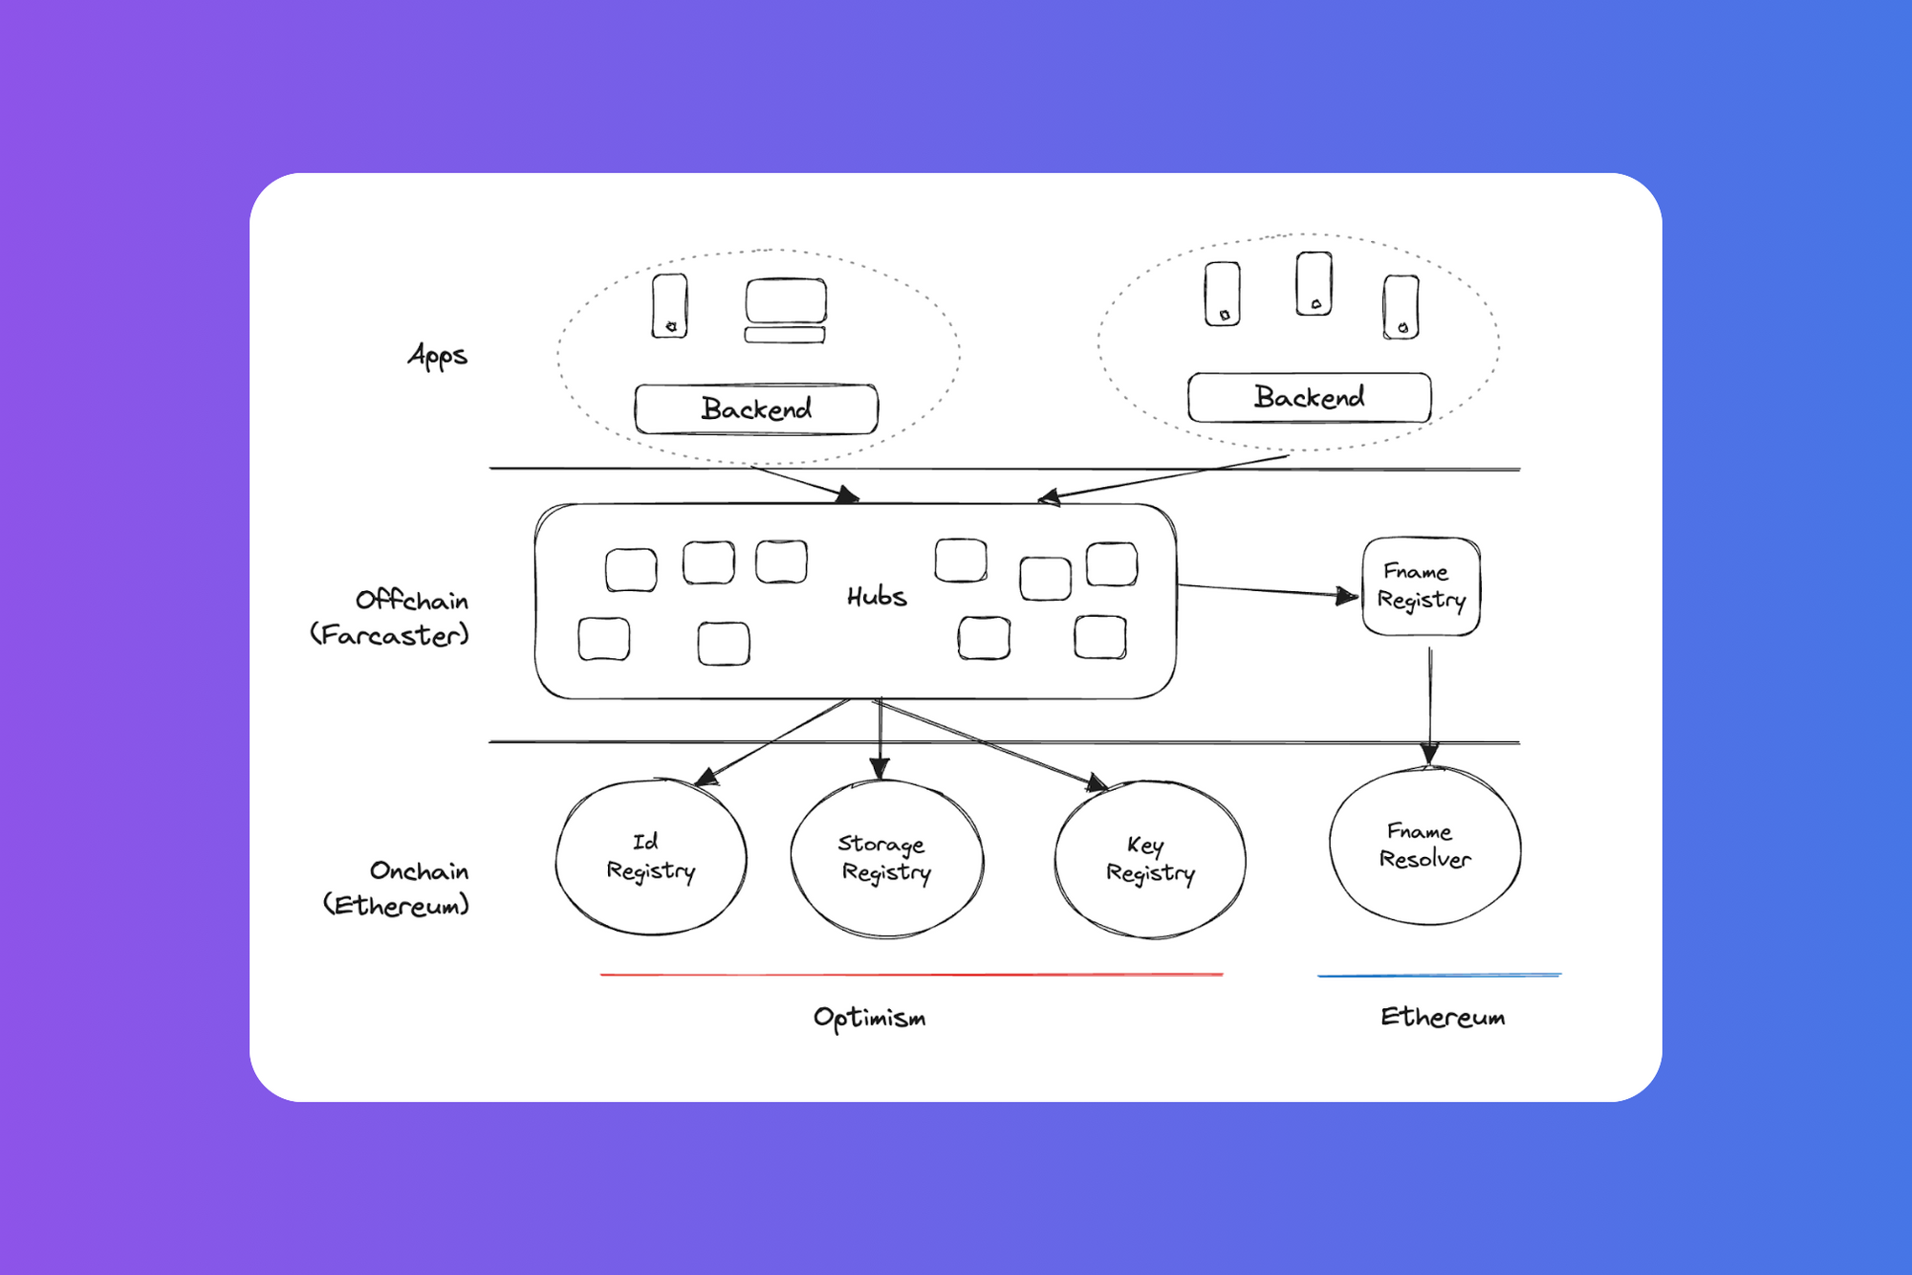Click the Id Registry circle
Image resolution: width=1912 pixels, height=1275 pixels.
coord(651,857)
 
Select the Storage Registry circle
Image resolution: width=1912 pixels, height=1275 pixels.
coord(886,858)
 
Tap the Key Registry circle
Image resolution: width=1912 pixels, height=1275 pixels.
coord(1150,859)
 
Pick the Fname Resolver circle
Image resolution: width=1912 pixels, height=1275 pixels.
coord(1424,846)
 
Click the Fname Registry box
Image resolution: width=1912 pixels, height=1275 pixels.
coord(1421,586)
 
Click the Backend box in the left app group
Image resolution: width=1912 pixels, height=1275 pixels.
coord(756,409)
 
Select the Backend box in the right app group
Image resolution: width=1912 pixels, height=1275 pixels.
coord(1309,397)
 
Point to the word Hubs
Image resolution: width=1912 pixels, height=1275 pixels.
coord(877,597)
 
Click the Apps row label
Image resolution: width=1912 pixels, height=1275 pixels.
coord(438,356)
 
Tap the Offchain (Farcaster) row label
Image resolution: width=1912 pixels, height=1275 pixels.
coord(391,618)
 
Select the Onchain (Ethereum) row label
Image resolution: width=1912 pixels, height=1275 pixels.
coord(397,888)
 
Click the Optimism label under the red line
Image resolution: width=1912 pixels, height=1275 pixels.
coord(869,1018)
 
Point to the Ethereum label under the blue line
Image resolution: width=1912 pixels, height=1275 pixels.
coord(1442,1017)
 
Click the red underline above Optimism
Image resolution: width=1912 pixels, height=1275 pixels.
coord(911,975)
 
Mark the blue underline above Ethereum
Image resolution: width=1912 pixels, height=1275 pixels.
coord(1439,976)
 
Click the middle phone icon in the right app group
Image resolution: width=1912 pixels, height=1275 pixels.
coord(1314,284)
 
